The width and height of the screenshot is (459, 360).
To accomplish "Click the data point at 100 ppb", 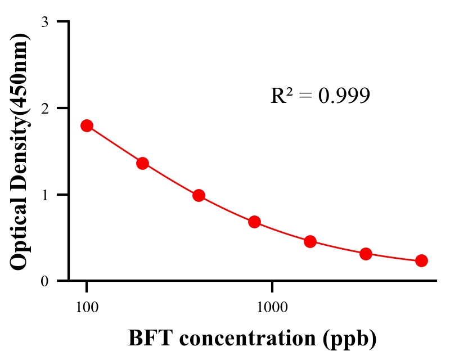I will tap(87, 125).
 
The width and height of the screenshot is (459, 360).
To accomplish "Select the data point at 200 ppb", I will tap(142, 163).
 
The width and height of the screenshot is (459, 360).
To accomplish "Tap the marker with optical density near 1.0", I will tap(199, 196).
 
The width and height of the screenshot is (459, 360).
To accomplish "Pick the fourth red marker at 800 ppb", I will tap(254, 222).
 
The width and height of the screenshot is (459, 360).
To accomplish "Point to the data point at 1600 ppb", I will tap(310, 242).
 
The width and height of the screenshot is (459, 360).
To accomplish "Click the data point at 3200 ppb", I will tap(366, 254).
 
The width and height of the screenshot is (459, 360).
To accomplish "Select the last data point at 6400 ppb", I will tap(421, 260).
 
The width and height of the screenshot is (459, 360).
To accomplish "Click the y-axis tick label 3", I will tap(45, 22).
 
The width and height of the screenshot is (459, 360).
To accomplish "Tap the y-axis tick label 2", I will tap(45, 108).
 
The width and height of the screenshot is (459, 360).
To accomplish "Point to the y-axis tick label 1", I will tap(45, 195).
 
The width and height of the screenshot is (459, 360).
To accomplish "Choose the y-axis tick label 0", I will tap(45, 281).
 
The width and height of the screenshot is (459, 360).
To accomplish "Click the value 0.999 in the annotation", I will tap(344, 96).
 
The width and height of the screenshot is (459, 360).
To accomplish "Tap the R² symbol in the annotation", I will tap(281, 96).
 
